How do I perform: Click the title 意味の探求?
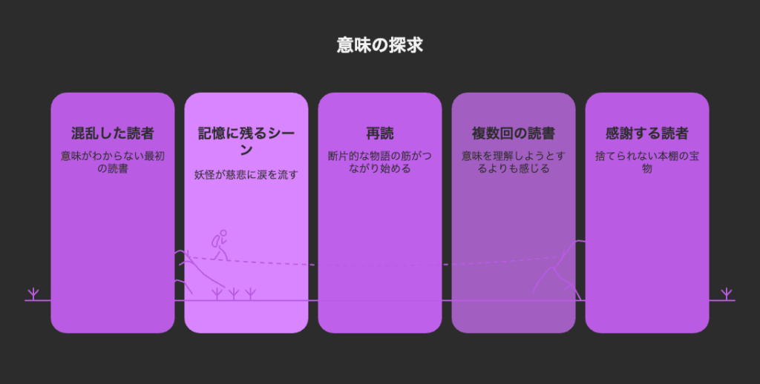tap(380, 45)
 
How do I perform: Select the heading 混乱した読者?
tap(113, 133)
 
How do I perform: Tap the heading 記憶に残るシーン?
tap(246, 141)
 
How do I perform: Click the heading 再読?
tap(380, 133)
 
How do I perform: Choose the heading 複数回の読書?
tap(514, 133)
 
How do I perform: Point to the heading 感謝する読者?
tap(647, 133)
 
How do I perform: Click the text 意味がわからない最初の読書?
tap(113, 162)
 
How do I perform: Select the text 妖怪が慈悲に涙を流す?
tap(246, 175)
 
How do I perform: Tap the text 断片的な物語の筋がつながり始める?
tap(380, 162)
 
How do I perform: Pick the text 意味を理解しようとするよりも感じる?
tap(514, 162)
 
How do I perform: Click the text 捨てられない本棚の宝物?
tap(647, 162)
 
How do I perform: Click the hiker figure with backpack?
tap(220, 245)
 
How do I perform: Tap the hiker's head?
tap(223, 233)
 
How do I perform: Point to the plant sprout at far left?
tap(33, 294)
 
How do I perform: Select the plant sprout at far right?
tap(726, 294)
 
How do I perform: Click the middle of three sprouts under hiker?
tap(234, 294)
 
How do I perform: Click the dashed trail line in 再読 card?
tap(380, 265)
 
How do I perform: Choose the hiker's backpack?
tap(216, 241)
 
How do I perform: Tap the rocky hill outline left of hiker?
tap(200, 271)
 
